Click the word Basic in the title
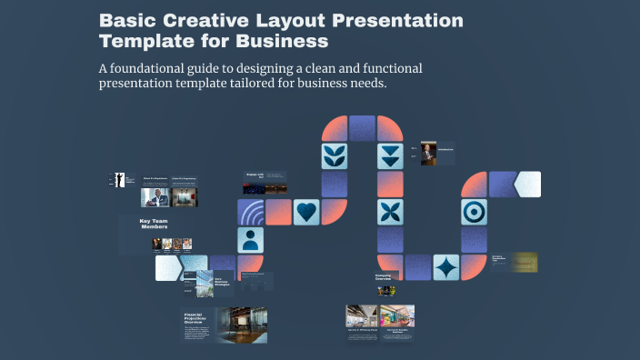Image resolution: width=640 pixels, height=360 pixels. tap(125, 20)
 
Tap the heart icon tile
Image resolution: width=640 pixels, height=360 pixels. tap(307, 212)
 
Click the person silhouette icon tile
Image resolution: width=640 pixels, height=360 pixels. tap(252, 240)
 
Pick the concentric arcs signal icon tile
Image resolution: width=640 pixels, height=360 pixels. tap(252, 212)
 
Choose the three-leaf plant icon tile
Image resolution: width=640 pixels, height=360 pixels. tap(335, 155)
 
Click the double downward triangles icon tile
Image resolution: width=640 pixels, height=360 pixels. tap(391, 155)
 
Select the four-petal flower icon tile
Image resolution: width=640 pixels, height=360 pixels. tap(391, 212)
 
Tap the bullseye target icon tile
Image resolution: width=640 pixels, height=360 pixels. tap(474, 212)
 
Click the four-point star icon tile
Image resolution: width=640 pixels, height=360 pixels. tap(446, 267)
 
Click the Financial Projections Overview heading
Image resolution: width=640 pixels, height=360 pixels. tap(198, 318)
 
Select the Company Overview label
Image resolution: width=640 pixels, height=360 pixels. tap(388, 277)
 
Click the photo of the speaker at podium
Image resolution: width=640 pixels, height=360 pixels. tap(428, 153)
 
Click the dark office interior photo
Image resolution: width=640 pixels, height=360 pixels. tap(241, 325)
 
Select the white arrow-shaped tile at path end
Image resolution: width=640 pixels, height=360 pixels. tap(526, 184)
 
